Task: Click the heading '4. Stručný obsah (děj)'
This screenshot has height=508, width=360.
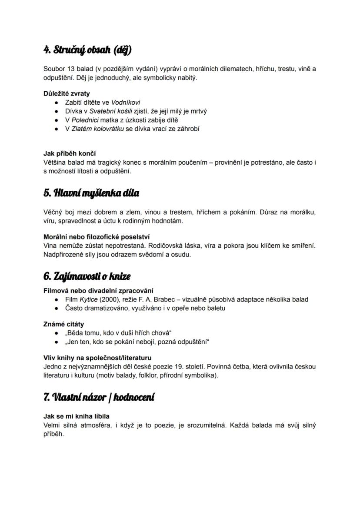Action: [x=87, y=50]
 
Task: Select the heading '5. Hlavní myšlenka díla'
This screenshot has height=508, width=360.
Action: [x=91, y=193]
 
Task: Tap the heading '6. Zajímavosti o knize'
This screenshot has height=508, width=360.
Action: [x=87, y=276]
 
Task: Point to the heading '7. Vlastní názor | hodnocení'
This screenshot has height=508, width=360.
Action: [x=99, y=397]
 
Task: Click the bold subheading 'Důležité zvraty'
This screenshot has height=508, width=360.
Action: [x=67, y=93]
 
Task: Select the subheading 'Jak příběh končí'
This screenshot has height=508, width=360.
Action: [x=70, y=153]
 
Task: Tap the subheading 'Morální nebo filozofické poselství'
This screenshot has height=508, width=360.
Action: [x=97, y=237]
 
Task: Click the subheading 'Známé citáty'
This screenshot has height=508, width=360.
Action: [x=64, y=324]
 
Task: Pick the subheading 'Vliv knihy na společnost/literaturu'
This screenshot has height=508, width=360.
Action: [x=97, y=358]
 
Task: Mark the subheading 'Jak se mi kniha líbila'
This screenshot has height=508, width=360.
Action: [x=77, y=416]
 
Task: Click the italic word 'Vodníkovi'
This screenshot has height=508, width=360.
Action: [x=126, y=103]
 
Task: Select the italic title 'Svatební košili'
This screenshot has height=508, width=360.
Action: [x=108, y=111]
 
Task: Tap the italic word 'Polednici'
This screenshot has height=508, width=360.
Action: [x=86, y=120]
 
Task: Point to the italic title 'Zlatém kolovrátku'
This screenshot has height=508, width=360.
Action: [x=97, y=129]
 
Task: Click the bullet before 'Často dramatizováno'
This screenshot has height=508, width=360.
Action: [x=56, y=308]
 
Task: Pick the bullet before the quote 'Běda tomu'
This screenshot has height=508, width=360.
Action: [x=56, y=333]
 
